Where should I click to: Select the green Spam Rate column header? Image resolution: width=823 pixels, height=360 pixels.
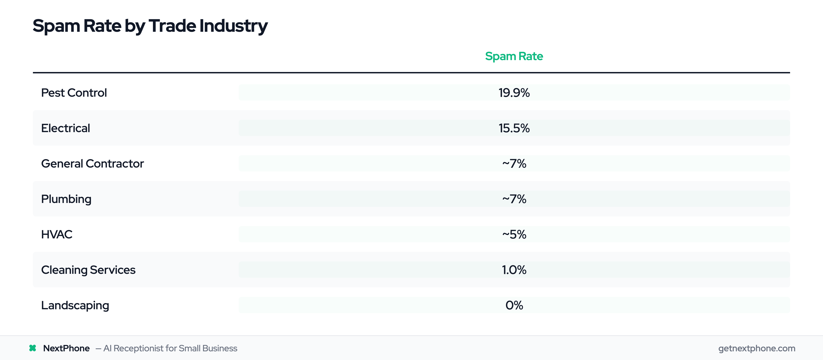(514, 56)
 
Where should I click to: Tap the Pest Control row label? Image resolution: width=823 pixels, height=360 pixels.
(74, 93)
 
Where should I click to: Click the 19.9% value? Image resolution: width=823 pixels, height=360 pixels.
(514, 93)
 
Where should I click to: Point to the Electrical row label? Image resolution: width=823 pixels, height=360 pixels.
(65, 128)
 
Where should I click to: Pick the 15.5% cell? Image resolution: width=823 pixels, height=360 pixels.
(514, 128)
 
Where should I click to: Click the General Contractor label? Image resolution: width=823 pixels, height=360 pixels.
(92, 164)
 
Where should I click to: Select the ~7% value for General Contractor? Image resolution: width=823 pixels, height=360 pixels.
(514, 164)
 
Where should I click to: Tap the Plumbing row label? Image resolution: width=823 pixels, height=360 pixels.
(66, 199)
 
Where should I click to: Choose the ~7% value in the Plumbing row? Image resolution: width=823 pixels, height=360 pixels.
(514, 199)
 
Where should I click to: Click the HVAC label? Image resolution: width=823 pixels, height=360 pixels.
(56, 235)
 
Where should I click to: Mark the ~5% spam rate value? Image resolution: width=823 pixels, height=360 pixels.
(514, 235)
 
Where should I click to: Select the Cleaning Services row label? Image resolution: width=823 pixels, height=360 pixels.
(88, 270)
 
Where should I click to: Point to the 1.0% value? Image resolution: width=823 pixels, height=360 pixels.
(514, 270)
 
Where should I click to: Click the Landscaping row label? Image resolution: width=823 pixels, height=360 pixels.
(75, 305)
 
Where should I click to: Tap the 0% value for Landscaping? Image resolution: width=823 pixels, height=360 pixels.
(514, 305)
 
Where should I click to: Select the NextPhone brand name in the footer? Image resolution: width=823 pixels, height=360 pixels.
(66, 348)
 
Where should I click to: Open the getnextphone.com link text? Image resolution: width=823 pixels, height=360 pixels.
(756, 348)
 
